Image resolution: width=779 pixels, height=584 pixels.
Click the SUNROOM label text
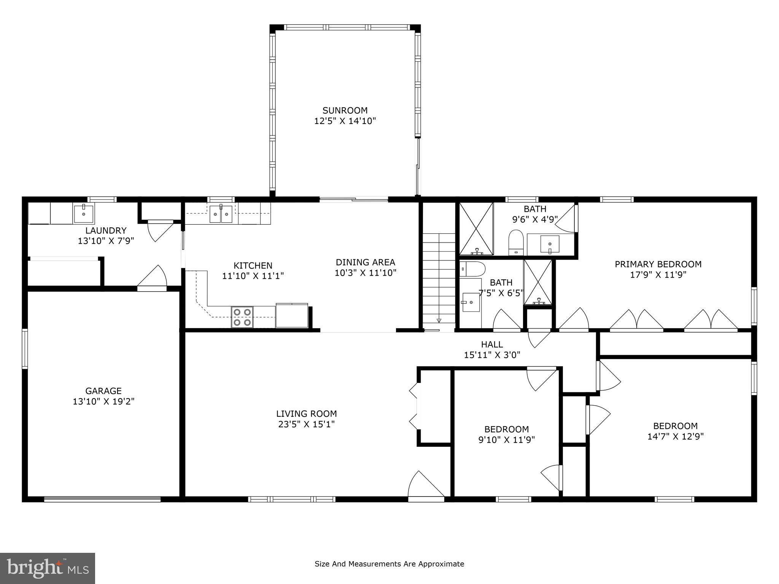coord(345,111)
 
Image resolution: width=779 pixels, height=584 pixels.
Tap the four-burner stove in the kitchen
coord(242,317)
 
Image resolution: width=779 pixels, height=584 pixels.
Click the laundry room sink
coord(84,214)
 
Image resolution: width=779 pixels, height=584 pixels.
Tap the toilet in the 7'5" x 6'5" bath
coord(472,269)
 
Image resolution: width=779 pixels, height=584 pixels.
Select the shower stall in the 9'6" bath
coord(476,229)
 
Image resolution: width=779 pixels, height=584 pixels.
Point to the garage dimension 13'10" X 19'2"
coord(104,401)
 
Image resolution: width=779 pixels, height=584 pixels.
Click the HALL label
coord(492,344)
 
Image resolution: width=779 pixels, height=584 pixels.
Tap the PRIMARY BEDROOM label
coord(658,264)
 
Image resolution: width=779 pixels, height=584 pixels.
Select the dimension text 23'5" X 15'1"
coord(306,424)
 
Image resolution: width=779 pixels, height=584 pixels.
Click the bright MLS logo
coord(48,568)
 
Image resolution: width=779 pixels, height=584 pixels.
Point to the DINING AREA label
coord(365,262)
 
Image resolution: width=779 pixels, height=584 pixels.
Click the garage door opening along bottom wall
coord(102,499)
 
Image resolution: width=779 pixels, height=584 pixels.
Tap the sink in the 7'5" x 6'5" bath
coord(471,302)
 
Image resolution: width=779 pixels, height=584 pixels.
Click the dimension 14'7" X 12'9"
coord(676,436)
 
